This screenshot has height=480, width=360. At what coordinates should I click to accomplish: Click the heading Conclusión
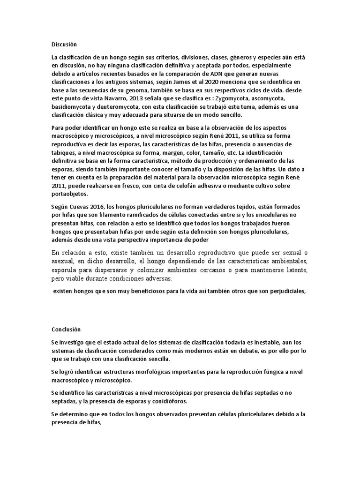(66, 329)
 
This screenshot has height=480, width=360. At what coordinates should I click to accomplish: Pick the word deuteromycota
(119, 107)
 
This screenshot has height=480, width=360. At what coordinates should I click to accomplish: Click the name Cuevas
(85, 207)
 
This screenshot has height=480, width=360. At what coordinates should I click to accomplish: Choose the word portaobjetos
(70, 194)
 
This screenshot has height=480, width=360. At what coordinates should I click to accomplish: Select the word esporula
(66, 270)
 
